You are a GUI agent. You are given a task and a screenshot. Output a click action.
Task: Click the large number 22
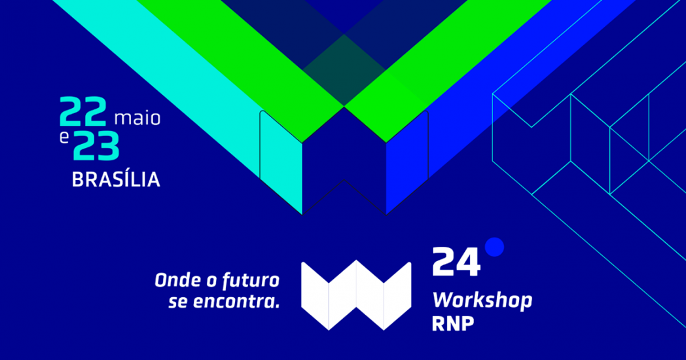[82, 111]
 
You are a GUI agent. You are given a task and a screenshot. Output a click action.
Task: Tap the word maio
[137, 118]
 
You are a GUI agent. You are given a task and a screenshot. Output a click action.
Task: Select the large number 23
[96, 146]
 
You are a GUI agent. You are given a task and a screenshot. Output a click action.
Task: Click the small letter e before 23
[64, 138]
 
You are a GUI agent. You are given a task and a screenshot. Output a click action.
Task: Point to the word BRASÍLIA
[116, 180]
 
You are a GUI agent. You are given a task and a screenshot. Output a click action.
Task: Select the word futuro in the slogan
[251, 281]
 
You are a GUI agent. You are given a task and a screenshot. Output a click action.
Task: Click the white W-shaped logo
[356, 295]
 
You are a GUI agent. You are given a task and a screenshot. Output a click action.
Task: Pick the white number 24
[456, 262]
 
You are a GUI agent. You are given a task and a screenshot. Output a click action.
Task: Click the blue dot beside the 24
[494, 247]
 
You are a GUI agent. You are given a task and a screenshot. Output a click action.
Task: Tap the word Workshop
[482, 300]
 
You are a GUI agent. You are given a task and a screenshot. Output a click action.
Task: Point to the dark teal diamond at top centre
[344, 70]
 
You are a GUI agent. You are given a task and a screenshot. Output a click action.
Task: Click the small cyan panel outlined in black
[281, 162]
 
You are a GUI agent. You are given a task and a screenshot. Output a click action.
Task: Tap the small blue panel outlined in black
[407, 162]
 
